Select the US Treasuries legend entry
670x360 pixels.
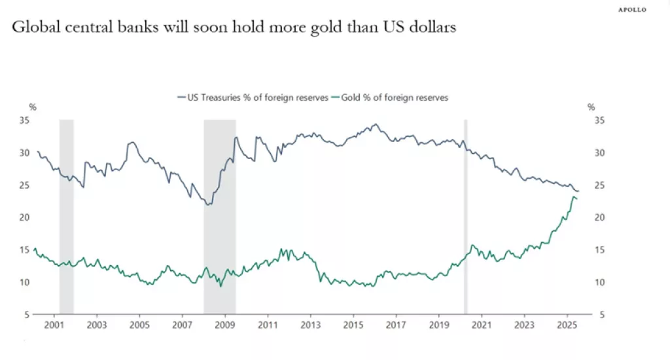coord(253,98)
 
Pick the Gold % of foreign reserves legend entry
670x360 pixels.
coord(391,98)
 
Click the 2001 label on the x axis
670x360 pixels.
coord(54,325)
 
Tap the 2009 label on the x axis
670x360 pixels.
coord(224,325)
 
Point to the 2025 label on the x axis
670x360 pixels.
coord(567,325)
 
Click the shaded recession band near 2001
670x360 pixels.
coord(66,216)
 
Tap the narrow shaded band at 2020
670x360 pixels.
coord(466,216)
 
